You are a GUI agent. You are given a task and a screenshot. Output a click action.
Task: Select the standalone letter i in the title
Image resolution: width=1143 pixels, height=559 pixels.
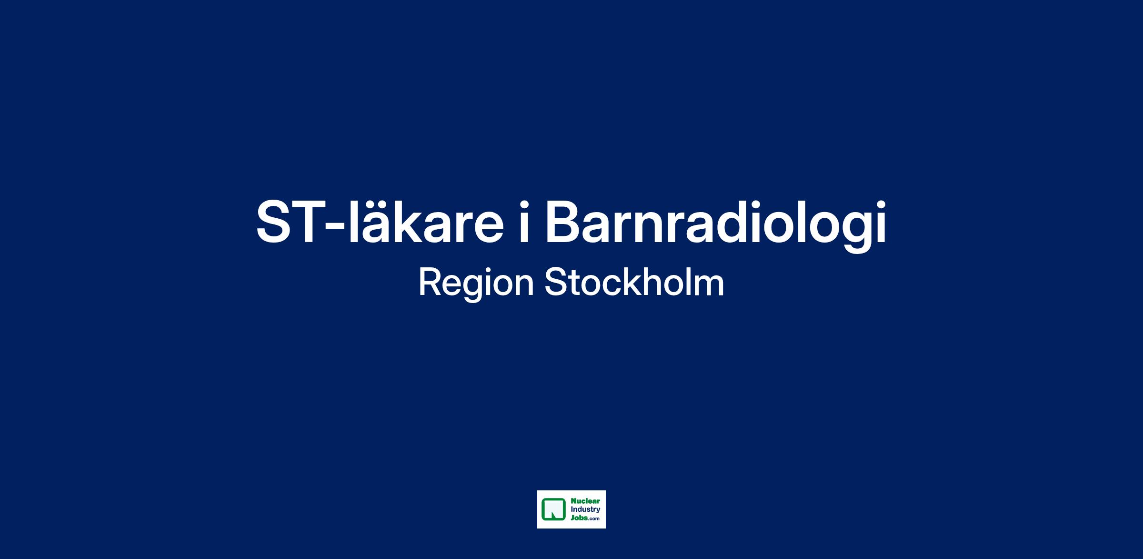(524, 222)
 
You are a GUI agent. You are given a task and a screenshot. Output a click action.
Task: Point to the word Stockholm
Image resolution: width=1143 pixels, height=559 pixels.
(634, 282)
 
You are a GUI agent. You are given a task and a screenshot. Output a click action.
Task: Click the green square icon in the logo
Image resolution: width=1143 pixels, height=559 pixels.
(553, 509)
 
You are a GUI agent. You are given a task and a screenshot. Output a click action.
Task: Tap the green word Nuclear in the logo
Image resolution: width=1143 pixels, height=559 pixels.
(585, 501)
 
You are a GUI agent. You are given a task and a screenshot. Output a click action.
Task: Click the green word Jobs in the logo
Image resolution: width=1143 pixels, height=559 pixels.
(579, 517)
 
